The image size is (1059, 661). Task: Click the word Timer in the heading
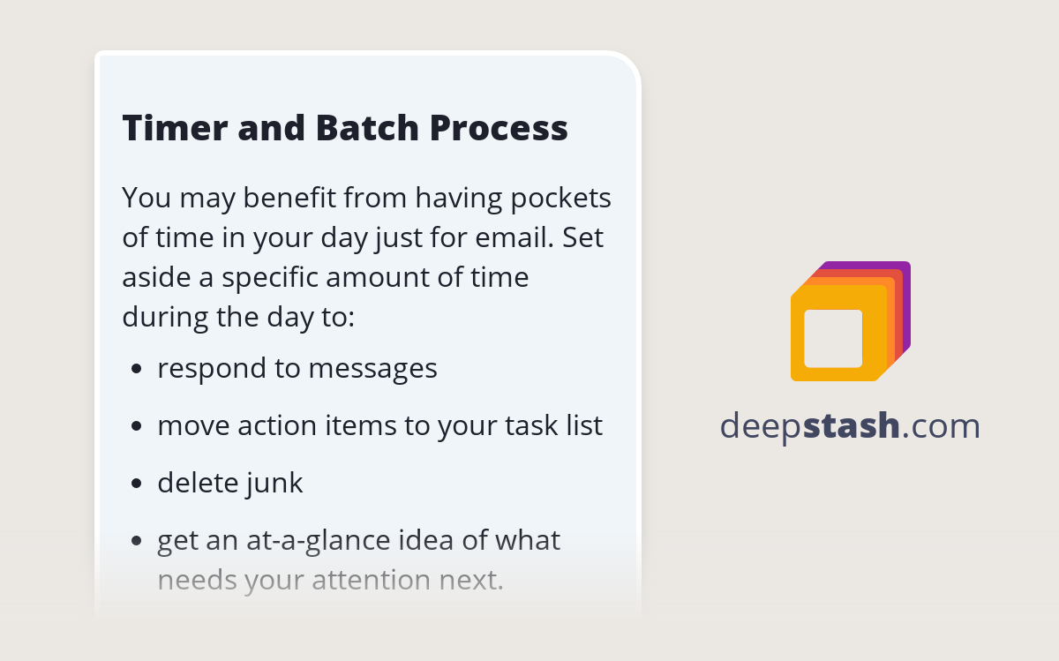(x=172, y=129)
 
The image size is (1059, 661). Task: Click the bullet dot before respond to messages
(x=136, y=369)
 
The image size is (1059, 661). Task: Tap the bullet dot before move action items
(x=136, y=426)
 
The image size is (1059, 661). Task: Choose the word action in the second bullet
(x=277, y=425)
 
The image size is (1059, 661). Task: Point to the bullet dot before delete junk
(x=136, y=484)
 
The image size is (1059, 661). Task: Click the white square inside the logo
(x=833, y=338)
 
